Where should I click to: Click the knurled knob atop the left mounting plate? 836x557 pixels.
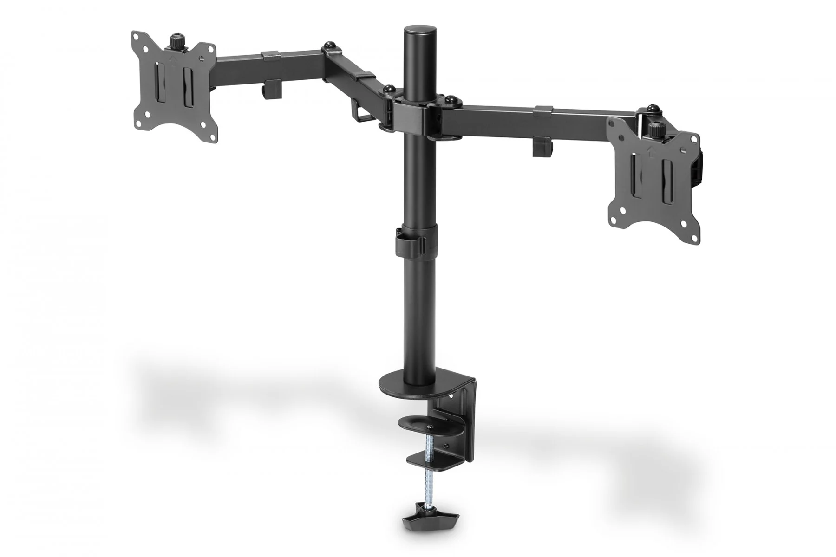176,42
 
